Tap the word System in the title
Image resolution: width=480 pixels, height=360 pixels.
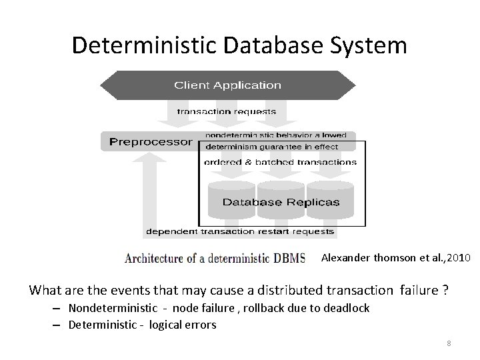372,45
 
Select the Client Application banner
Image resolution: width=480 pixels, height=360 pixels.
227,85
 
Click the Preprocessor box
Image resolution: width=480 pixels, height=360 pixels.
151,142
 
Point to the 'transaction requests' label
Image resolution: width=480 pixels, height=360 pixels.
226,111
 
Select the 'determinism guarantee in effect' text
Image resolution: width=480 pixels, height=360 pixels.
272,147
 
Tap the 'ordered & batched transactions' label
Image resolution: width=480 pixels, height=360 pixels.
280,162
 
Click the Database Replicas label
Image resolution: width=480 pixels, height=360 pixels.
281,202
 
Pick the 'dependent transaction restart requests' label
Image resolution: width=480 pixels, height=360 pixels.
240,232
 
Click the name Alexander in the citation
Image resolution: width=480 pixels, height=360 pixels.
344,257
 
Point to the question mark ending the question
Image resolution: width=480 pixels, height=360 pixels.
445,290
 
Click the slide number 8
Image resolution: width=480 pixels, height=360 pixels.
449,343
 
